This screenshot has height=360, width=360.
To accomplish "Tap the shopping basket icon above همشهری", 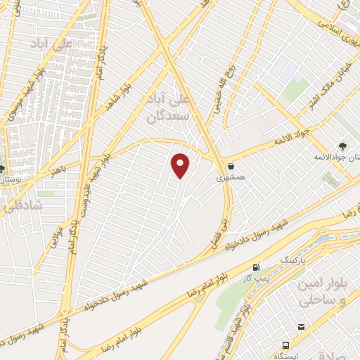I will (231, 167).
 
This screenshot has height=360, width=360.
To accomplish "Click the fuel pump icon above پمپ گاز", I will (256, 267).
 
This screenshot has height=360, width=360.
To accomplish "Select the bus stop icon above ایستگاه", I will (286, 345).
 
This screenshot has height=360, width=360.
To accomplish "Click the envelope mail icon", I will (301, 326).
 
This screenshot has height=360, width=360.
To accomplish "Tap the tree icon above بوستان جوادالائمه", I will (342, 146).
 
